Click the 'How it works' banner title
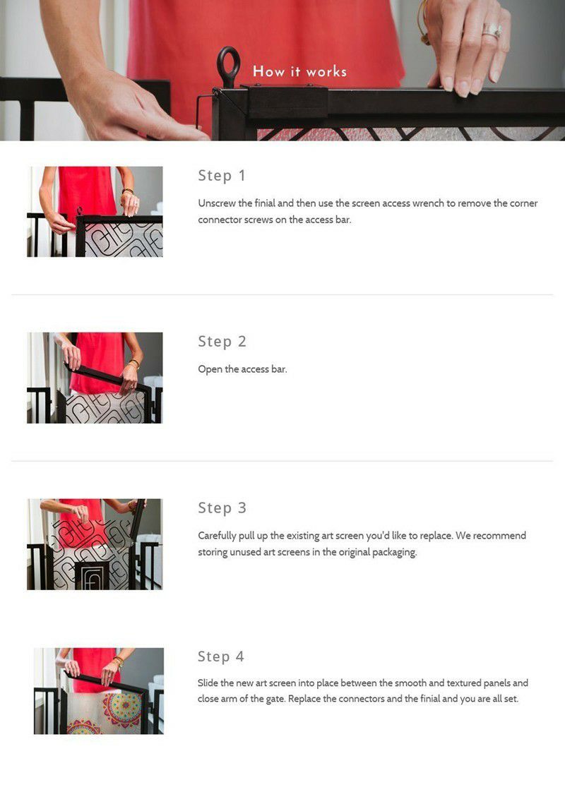coord(299,71)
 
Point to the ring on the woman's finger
coord(492,31)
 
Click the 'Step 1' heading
coord(221,175)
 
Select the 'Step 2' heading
coord(222,342)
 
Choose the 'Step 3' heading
coord(222,508)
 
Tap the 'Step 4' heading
coord(221,656)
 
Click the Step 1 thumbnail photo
coord(95,212)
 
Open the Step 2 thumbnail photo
coord(95,378)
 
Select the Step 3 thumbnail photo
coord(95,544)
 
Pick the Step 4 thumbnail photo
coord(99,691)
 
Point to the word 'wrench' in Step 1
coord(427,203)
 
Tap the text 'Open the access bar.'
coord(242,369)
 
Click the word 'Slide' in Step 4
coord(208,683)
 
